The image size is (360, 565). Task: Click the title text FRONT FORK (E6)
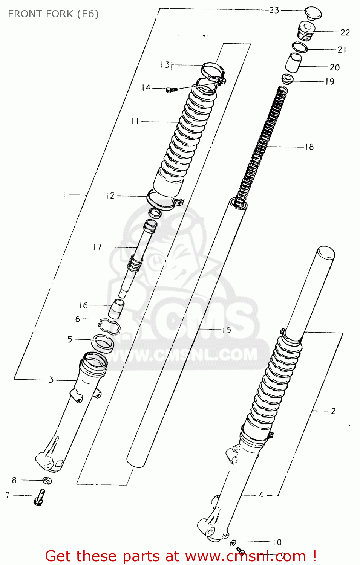[x=53, y=14]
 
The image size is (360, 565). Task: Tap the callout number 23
[x=274, y=10]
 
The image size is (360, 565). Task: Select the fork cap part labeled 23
[x=313, y=13]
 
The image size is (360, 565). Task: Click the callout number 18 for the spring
[x=309, y=147]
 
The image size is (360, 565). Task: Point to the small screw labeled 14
[x=172, y=90]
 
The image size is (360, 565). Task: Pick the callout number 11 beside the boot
[x=135, y=121]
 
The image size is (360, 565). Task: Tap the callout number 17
[x=97, y=247]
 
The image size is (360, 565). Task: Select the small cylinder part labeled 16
[x=116, y=308]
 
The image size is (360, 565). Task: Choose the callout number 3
[x=51, y=380]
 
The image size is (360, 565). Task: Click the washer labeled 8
[x=47, y=481]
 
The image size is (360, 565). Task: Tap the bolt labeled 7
[x=40, y=497]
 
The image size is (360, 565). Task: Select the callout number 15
[x=227, y=330]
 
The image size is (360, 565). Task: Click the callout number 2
[x=333, y=411]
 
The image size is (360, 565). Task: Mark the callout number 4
[x=261, y=495]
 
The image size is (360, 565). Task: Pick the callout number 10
[x=277, y=542]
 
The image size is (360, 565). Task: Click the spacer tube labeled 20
[x=293, y=63]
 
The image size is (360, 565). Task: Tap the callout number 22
[x=345, y=32]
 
